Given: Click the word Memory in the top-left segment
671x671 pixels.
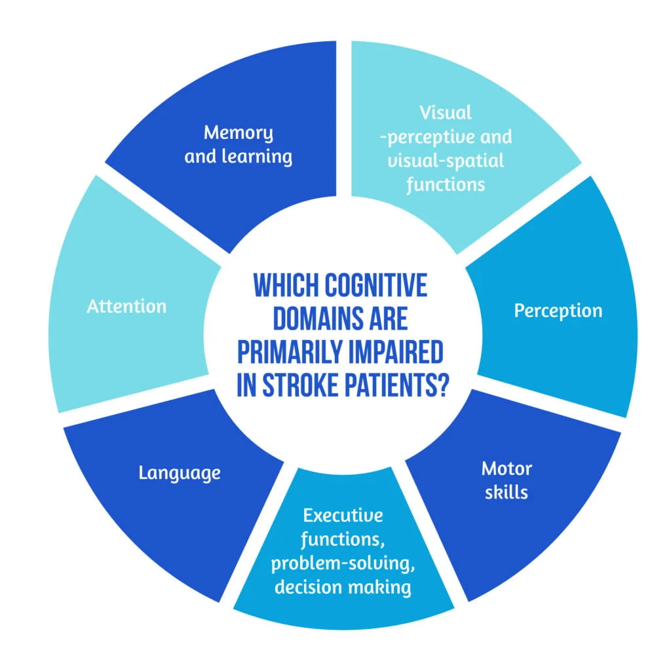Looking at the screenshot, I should tap(239, 133).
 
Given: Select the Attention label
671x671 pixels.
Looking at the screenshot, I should tap(126, 306).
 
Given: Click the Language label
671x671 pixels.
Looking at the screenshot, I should tap(180, 472).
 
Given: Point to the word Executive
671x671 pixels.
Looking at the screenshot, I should tap(342, 516).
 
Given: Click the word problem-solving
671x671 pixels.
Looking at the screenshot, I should tap(343, 563).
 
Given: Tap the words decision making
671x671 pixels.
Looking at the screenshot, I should tap(343, 586).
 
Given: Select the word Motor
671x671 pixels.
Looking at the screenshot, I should tap(507, 469).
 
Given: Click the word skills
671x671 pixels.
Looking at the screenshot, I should tap(507, 492).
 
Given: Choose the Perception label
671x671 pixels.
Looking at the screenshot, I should tap(558, 310).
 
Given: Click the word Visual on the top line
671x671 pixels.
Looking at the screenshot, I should tap(446, 113).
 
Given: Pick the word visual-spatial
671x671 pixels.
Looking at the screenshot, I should tap(446, 161).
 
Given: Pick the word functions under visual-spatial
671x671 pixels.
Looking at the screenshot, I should tap(446, 184).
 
